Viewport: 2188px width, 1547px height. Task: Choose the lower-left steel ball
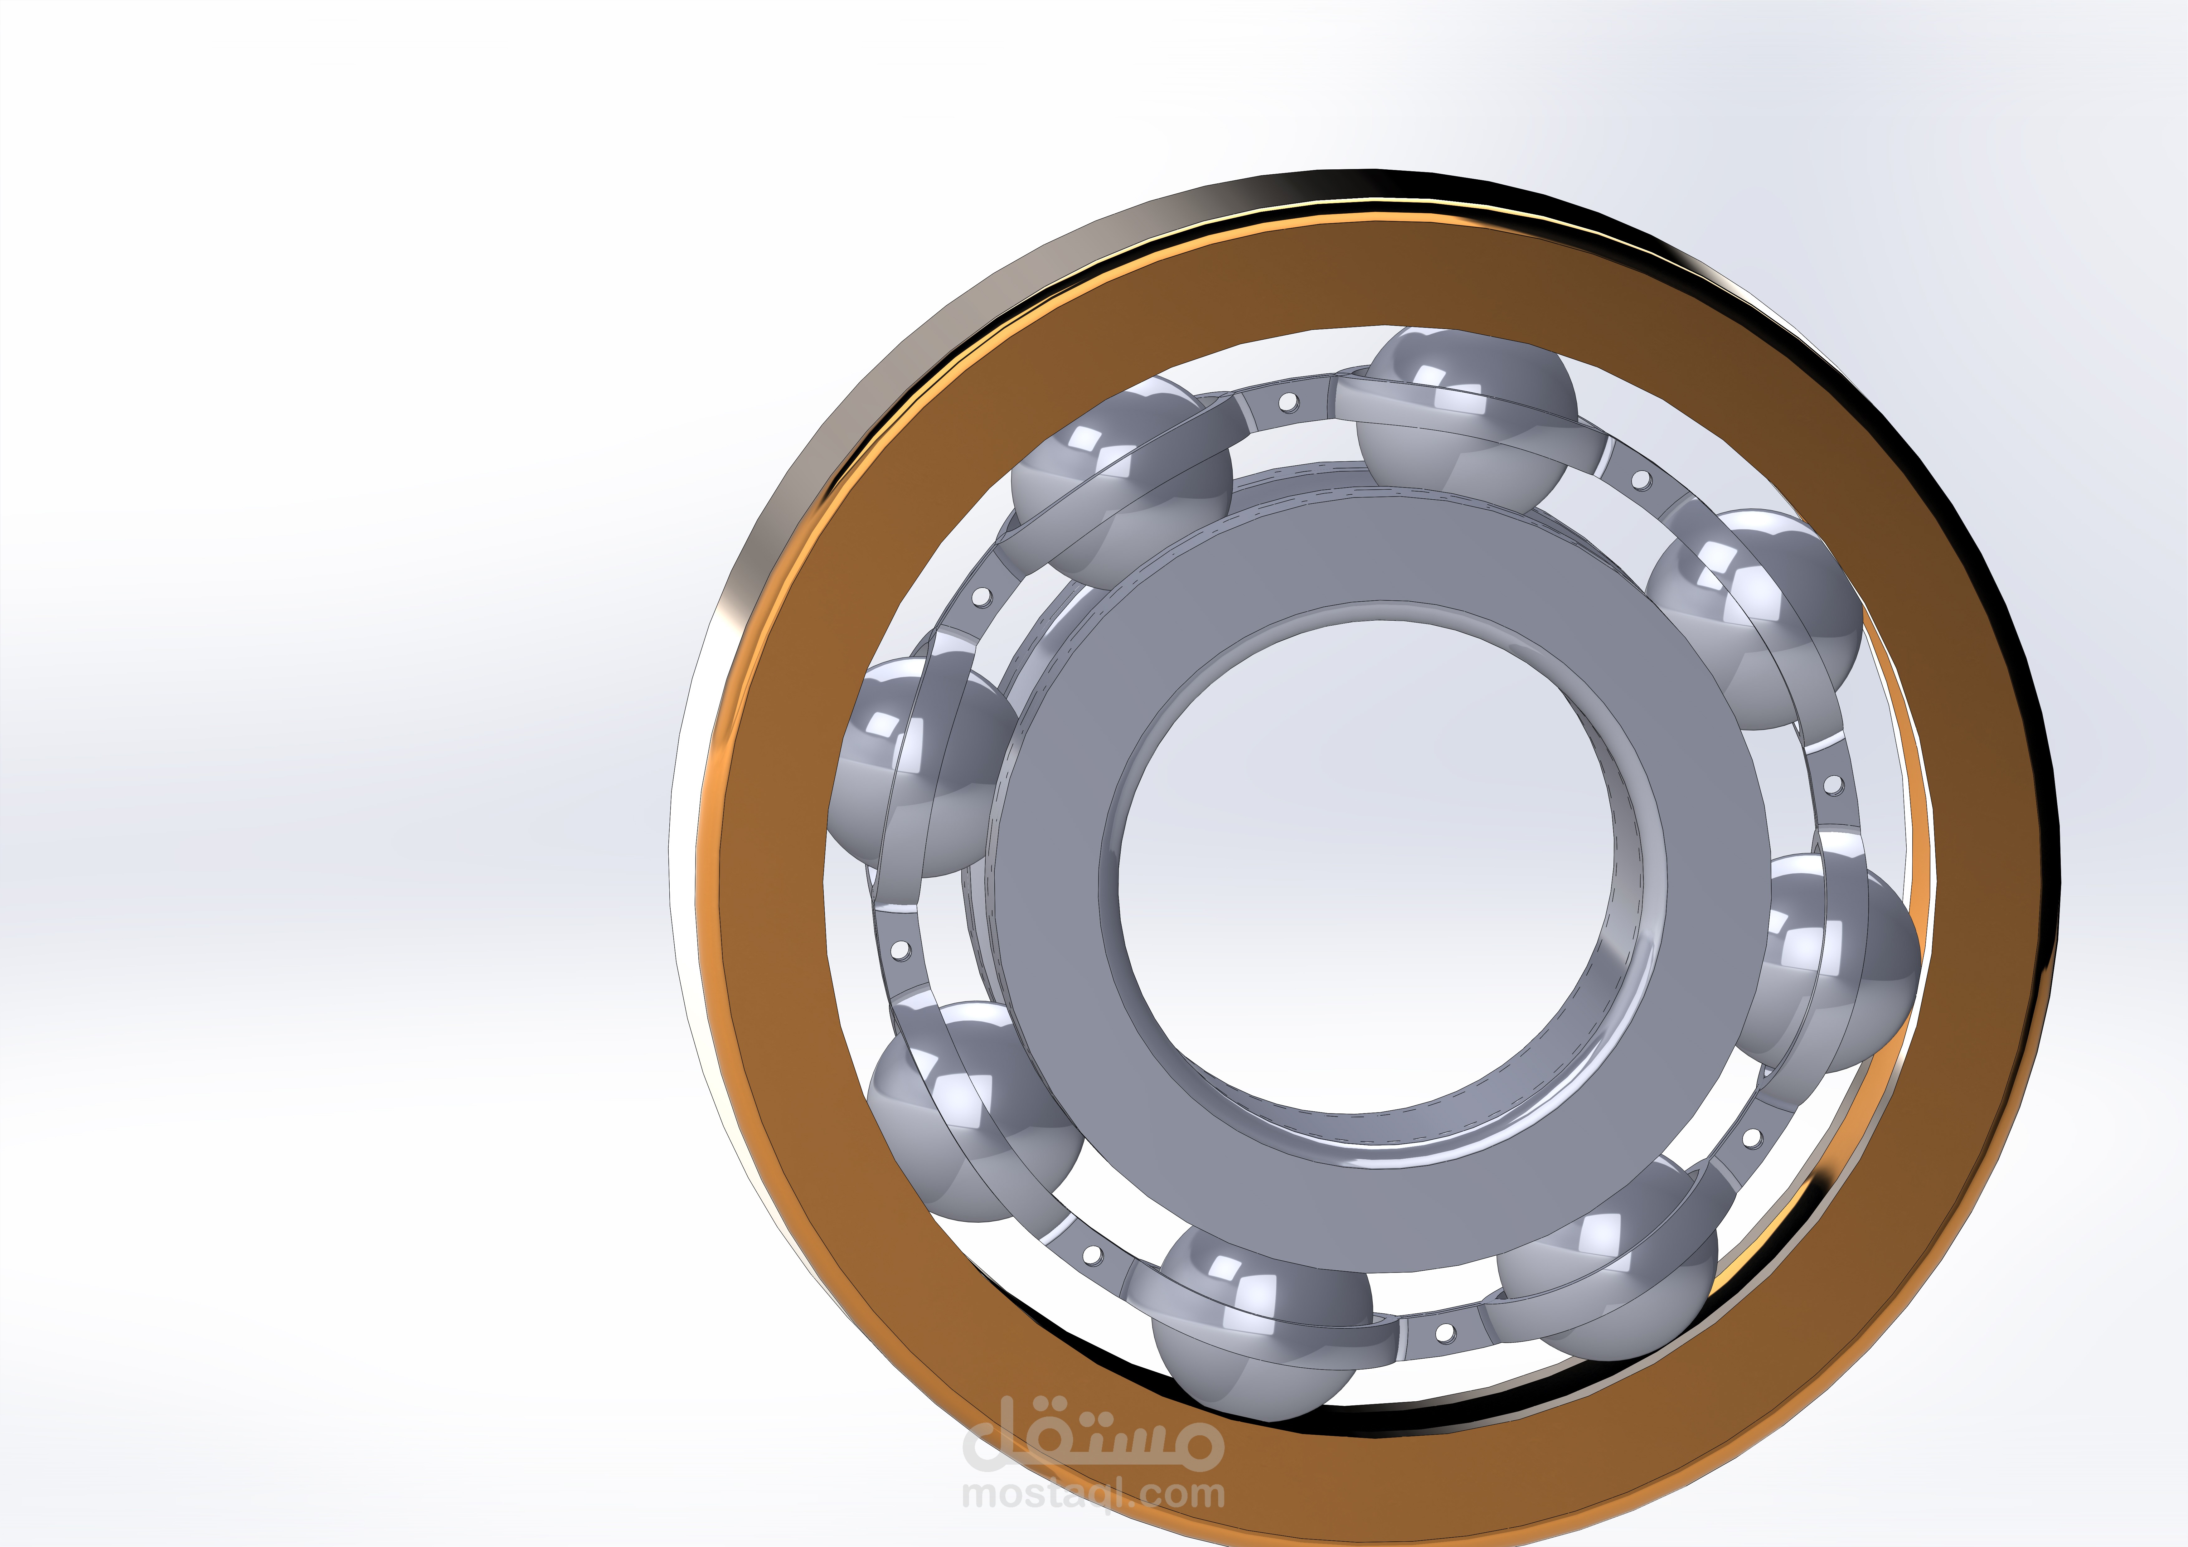[972, 1110]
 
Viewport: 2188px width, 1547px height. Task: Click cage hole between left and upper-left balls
[982, 599]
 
